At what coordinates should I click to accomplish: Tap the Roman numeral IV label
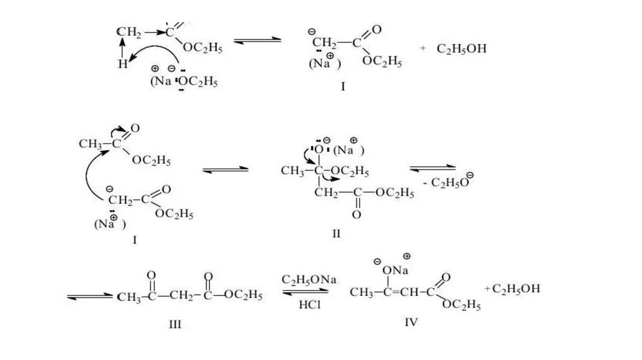[x=411, y=322]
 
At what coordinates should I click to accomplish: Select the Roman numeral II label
[x=336, y=234]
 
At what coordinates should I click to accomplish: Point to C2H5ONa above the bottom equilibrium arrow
[x=309, y=279]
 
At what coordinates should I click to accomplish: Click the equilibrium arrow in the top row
[x=258, y=41]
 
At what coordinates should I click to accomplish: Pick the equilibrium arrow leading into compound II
[x=225, y=169]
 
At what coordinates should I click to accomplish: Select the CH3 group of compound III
[x=128, y=295]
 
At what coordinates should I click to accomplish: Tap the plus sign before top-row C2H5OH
[x=423, y=48]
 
